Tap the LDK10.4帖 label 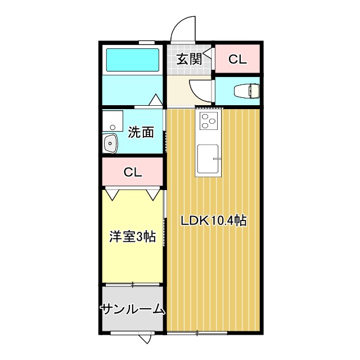[x=213, y=220]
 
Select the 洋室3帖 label [x=132, y=237]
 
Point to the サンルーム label [x=133, y=309]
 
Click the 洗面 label [x=141, y=133]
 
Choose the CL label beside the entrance [x=237, y=59]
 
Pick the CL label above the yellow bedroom [x=133, y=172]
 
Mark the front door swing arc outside [x=182, y=28]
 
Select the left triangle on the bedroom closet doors [x=112, y=194]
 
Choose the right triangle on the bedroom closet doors [x=153, y=194]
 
